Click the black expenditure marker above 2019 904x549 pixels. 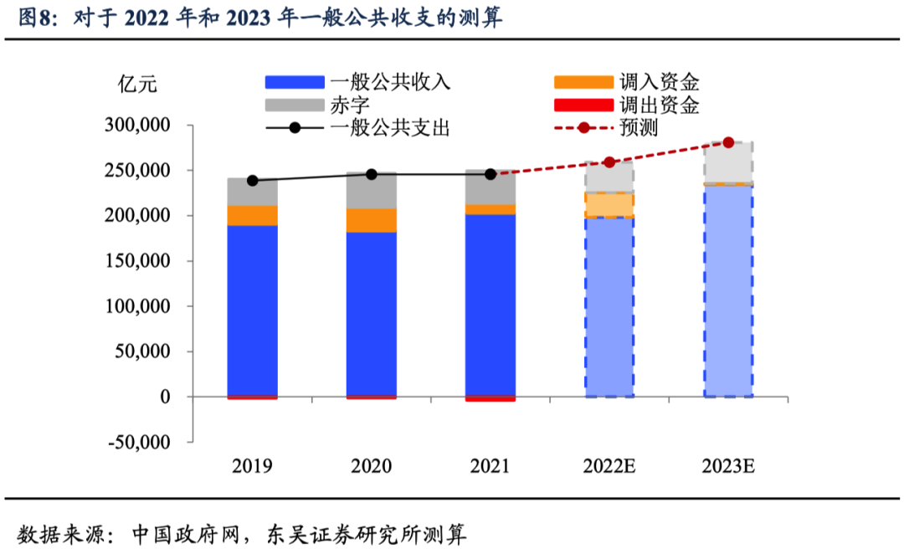pos(253,180)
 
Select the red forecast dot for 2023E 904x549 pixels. pos(728,142)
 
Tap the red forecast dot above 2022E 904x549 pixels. pos(609,162)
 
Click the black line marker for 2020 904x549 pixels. pos(372,174)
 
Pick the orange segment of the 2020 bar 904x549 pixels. pos(372,220)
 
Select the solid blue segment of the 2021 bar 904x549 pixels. pos(491,301)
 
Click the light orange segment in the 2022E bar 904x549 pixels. pos(609,204)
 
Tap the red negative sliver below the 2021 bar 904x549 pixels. pos(491,398)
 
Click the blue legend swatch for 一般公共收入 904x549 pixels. pos(295,82)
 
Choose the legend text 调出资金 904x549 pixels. pos(660,105)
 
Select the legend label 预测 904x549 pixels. pos(639,128)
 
